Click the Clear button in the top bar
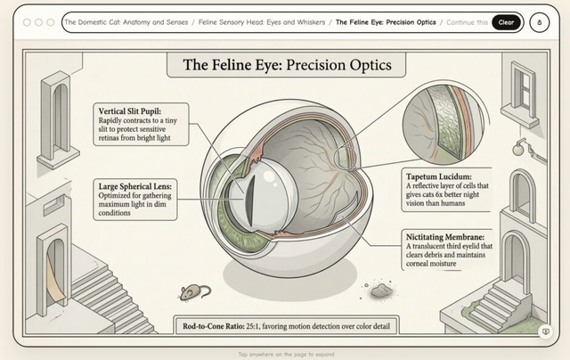point(506,22)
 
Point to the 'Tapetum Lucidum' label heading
point(437,176)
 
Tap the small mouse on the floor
point(195,291)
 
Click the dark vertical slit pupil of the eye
point(252,198)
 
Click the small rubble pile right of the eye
point(380,290)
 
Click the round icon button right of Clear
point(540,22)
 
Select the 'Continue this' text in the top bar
point(467,22)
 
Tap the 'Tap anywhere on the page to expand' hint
point(285,354)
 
